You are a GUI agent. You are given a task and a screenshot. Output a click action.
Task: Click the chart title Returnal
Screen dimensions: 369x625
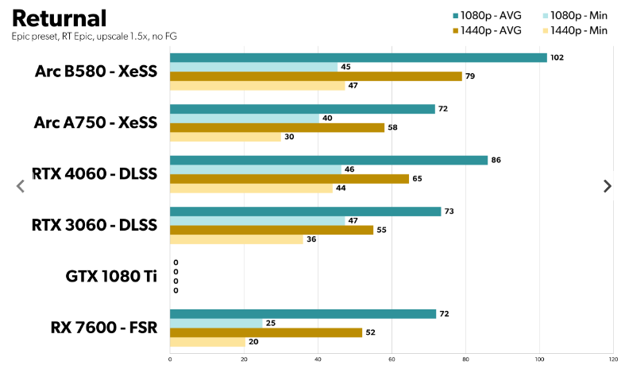pos(59,17)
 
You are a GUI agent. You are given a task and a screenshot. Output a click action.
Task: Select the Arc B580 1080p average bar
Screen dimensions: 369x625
pos(357,57)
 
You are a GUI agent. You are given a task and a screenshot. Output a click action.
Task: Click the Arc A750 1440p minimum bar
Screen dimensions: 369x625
pos(226,137)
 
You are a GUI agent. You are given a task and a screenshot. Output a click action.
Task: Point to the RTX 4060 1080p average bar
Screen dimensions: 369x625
pos(328,160)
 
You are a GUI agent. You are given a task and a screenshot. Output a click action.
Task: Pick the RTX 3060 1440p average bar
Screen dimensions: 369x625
pos(272,230)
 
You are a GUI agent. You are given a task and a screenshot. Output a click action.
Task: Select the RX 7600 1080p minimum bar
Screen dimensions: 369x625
pos(216,323)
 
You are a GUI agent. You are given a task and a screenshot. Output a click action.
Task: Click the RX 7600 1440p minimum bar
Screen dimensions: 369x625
pos(206,342)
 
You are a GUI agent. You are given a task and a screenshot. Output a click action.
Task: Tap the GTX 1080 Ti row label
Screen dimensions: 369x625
pos(111,277)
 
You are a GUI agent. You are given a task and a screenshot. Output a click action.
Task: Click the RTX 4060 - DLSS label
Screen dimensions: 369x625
pos(95,173)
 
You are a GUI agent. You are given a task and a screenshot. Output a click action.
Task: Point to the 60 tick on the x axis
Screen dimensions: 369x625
pos(392,359)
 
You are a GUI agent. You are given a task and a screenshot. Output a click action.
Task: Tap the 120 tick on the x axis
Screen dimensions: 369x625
pos(612,359)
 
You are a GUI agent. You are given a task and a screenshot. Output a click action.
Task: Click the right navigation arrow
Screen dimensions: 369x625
pos(608,186)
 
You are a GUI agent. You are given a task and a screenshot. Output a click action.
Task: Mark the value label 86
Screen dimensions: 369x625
pos(496,160)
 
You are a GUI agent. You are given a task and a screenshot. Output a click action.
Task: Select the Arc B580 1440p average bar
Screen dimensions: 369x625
pos(315,76)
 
